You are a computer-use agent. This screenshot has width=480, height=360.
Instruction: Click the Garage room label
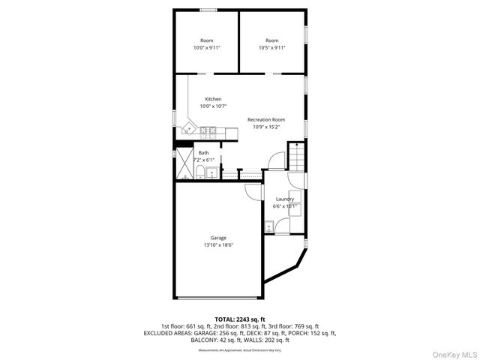(x=217, y=238)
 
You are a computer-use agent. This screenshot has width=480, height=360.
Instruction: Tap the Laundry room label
(x=285, y=199)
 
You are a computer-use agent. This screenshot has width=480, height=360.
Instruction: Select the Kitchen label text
(x=214, y=99)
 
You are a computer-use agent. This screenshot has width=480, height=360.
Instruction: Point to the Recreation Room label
(x=266, y=119)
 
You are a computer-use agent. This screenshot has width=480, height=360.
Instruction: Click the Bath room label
(x=204, y=153)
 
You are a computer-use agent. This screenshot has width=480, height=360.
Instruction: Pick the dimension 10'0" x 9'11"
(x=207, y=47)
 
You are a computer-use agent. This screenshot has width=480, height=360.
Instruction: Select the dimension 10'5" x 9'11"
(x=271, y=47)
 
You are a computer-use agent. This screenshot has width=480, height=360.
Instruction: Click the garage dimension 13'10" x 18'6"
(x=217, y=245)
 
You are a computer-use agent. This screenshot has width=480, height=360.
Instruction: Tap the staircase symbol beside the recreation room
(x=298, y=158)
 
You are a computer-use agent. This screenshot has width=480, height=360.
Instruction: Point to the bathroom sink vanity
(x=211, y=173)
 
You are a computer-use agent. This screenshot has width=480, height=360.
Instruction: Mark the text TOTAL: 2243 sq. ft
(x=240, y=319)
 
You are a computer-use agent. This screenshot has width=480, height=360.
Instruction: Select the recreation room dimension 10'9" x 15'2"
(x=266, y=126)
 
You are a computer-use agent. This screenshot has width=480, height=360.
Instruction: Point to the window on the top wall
(x=208, y=9)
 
